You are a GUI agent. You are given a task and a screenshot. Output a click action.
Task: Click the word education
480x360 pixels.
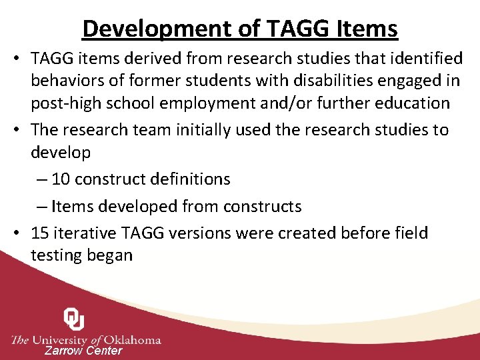tap(409, 103)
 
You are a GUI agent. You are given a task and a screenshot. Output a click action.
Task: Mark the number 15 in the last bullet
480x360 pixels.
tap(40, 233)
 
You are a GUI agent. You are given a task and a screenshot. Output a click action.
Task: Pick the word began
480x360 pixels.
tap(109, 255)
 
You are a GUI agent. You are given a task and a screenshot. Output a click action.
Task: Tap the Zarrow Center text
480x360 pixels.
tap(83, 351)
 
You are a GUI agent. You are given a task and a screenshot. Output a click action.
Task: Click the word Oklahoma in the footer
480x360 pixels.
tap(129, 339)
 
